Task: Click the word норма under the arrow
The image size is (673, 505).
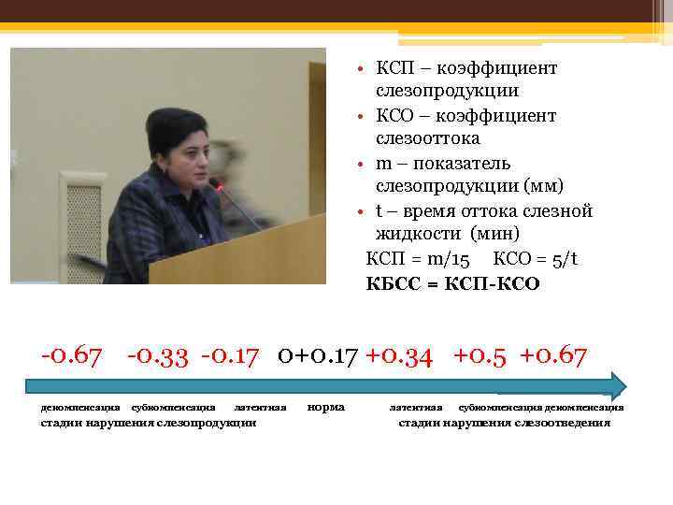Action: coord(325,407)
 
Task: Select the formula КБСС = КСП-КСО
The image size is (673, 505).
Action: coord(452,282)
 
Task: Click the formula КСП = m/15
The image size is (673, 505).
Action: coord(418,259)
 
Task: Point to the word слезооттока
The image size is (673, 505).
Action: coord(428,138)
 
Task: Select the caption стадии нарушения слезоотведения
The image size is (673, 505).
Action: coord(505,423)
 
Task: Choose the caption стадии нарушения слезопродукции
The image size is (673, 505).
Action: coord(150,423)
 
